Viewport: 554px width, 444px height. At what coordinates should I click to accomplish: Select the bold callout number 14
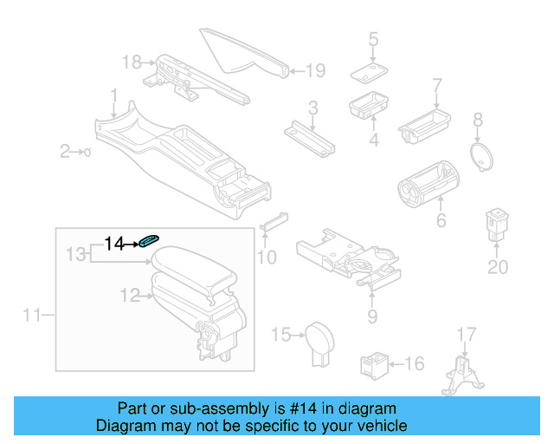tap(115, 244)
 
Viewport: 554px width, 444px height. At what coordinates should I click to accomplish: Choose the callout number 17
tap(466, 334)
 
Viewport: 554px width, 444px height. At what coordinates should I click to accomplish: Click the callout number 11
tap(32, 316)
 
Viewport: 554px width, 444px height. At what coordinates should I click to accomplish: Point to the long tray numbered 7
tap(429, 121)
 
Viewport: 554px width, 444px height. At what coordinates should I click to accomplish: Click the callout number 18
tap(132, 62)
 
